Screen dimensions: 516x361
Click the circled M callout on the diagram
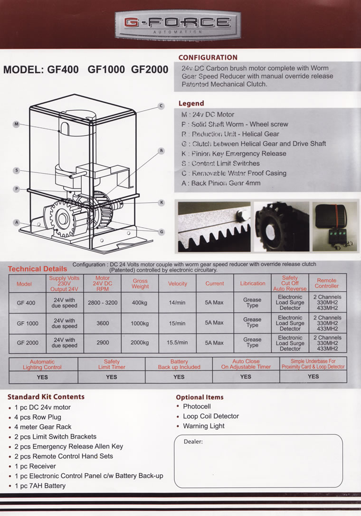tap(16, 124)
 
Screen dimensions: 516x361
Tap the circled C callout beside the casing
tap(161, 106)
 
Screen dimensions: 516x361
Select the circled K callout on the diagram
tap(161, 202)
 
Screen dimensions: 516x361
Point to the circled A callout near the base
tap(16, 222)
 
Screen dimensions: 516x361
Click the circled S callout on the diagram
tap(16, 170)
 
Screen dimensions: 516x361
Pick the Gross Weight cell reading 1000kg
tap(140, 323)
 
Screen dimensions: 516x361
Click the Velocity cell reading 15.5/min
tap(177, 343)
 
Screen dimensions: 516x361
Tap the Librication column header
tap(252, 284)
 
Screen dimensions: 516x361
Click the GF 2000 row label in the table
tap(27, 343)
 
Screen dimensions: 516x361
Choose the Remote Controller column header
tap(327, 283)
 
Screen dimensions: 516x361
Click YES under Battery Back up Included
tap(179, 377)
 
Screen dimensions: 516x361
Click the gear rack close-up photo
tap(214, 227)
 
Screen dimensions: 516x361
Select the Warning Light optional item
tap(204, 426)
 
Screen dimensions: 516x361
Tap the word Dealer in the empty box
tap(193, 442)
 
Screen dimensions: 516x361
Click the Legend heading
tap(191, 103)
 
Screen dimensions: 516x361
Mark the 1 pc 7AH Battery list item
tap(40, 486)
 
